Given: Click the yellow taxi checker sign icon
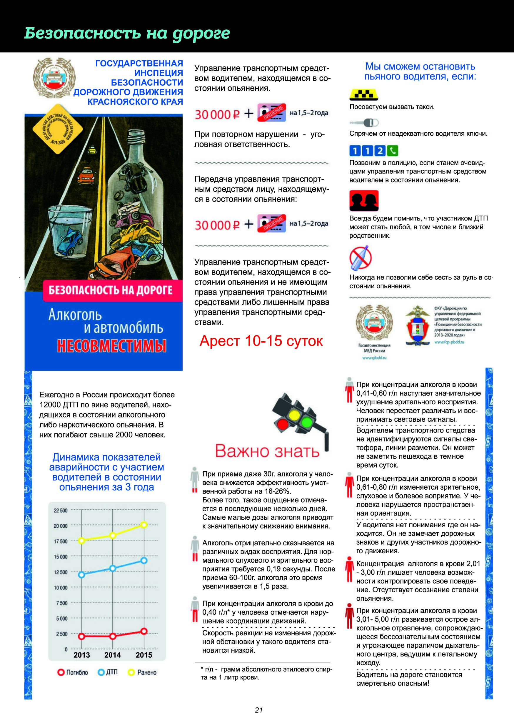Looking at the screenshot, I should [x=363, y=94].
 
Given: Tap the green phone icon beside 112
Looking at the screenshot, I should [x=393, y=151].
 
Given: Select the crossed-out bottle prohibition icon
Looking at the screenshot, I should [x=361, y=257].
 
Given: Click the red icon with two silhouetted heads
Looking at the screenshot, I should [x=364, y=201].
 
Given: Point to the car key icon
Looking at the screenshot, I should [x=364, y=122].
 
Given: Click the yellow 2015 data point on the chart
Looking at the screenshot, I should [x=144, y=525].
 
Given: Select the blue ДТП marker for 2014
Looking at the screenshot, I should [x=113, y=568].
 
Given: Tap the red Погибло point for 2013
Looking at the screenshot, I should [x=82, y=636].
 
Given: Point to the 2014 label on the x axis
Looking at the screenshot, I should [x=113, y=655].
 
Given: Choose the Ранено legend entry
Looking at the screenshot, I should [x=143, y=672].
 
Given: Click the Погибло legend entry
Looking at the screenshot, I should [x=73, y=672].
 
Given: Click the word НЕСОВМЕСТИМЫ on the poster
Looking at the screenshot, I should [x=112, y=346].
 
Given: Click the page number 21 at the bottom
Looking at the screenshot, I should [x=259, y=710].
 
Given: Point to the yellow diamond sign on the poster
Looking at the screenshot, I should [x=58, y=129].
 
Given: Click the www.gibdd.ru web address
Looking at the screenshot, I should [x=375, y=358].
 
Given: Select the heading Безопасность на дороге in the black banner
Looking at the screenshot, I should [x=127, y=33].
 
